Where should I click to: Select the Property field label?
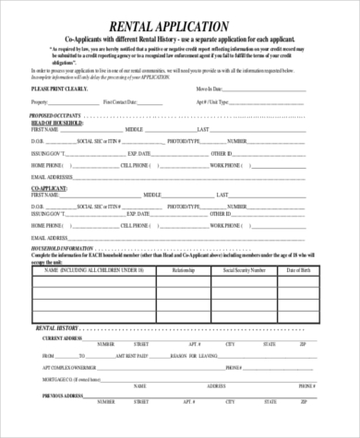point(42,101)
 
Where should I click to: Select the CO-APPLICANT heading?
point(51,187)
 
